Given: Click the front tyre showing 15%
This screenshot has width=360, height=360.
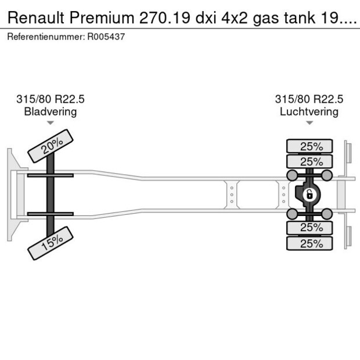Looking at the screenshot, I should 51,243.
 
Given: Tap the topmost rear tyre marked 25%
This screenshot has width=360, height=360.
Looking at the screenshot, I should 311,146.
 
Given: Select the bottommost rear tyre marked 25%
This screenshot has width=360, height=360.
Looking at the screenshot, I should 311,243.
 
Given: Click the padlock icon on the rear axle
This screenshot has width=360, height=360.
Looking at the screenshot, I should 310,194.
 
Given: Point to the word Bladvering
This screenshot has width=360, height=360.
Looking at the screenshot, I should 51,111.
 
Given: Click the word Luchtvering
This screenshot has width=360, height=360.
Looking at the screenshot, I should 309,111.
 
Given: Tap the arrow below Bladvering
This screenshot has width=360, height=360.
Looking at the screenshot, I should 51,123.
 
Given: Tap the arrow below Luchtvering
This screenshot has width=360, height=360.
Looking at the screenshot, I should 309,123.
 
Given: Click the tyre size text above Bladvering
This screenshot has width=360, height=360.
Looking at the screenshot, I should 51,99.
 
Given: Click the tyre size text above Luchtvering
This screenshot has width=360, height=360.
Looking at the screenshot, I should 309,99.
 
